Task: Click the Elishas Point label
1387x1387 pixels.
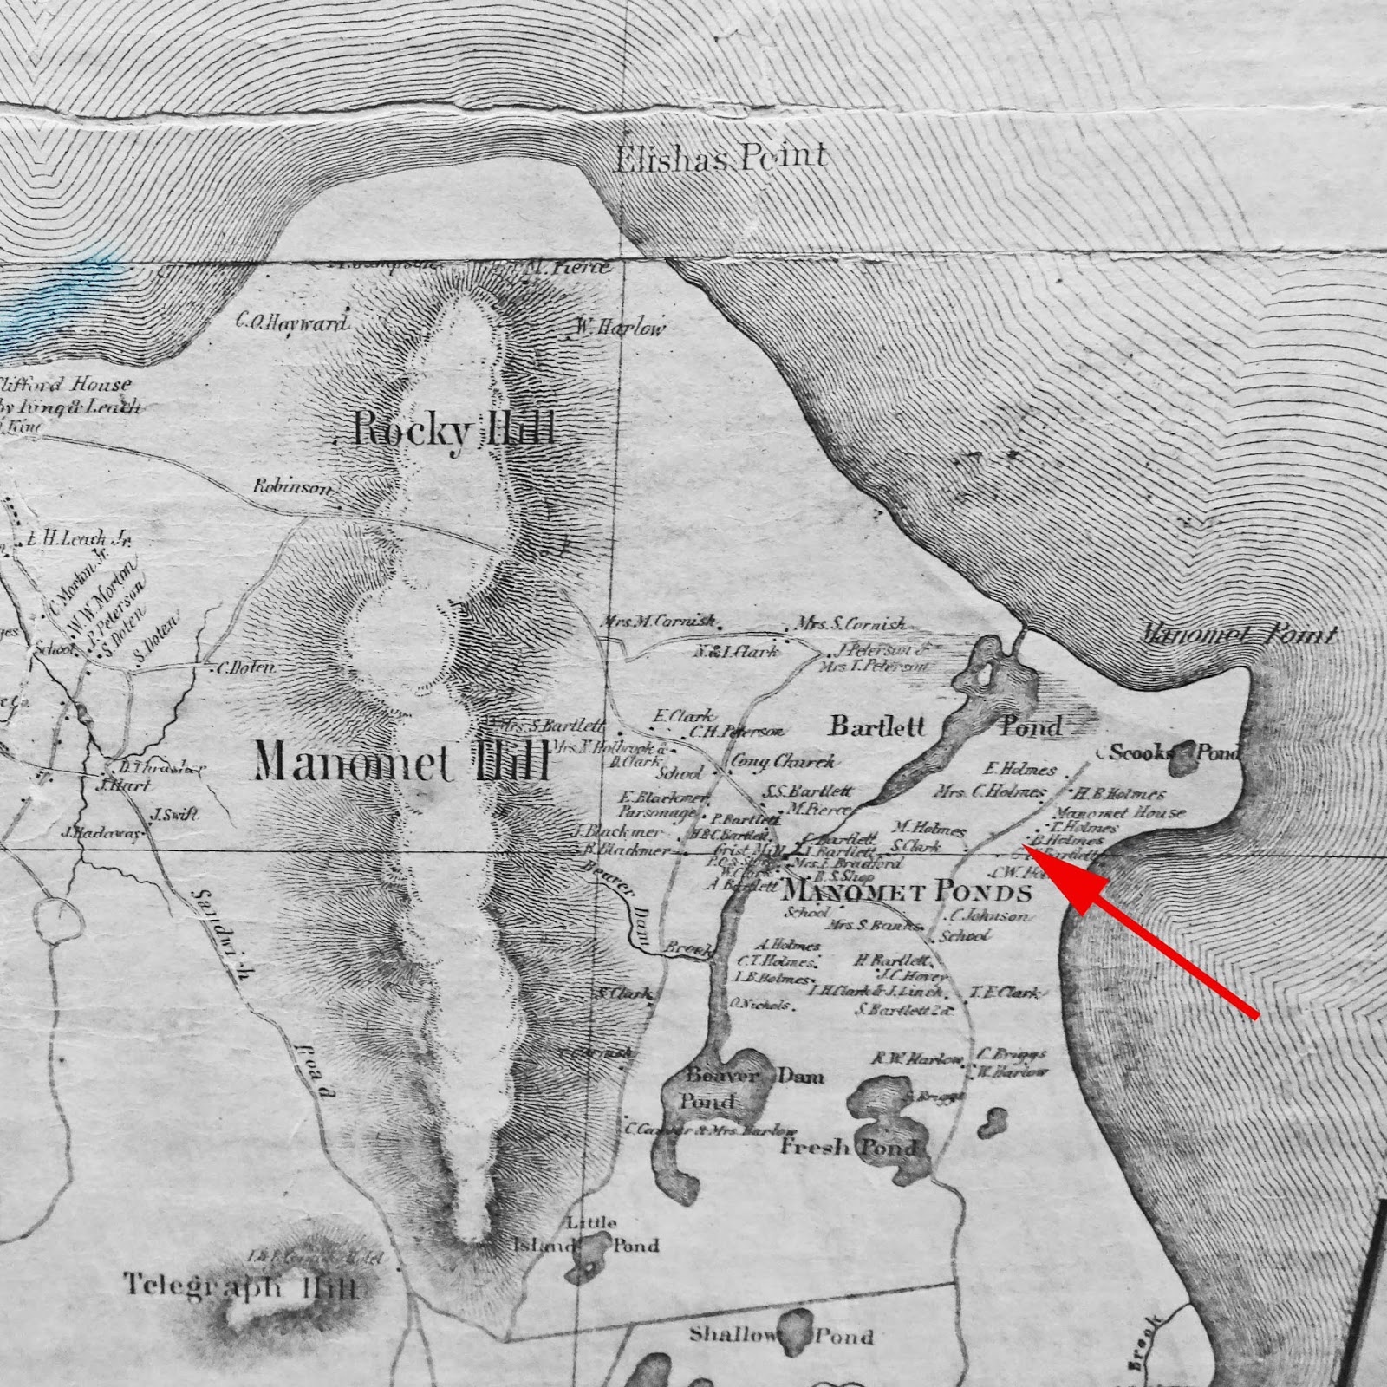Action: (720, 158)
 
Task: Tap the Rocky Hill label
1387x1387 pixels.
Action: (453, 429)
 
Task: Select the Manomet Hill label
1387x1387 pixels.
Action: (402, 763)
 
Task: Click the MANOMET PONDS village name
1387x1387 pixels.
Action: (907, 892)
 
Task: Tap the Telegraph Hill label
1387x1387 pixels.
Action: (240, 1286)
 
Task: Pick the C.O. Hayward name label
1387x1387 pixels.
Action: (292, 323)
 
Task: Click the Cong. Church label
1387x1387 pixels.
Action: (784, 761)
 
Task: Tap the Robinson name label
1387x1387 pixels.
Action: (292, 486)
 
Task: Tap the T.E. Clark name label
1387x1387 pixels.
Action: (1004, 993)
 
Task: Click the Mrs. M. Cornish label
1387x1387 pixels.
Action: (659, 622)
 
